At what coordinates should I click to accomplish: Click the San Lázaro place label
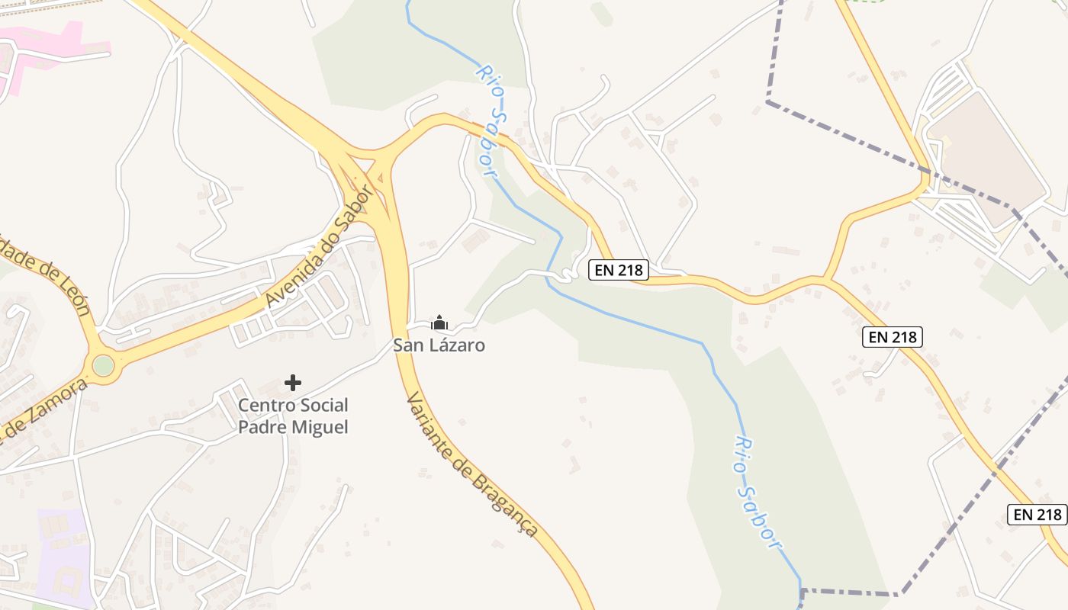coord(439,345)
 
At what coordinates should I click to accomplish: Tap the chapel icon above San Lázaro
coord(439,323)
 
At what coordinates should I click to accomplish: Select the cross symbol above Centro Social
coord(292,383)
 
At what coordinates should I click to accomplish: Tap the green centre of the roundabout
coord(103,366)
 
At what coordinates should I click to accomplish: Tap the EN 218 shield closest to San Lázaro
coord(618,270)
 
